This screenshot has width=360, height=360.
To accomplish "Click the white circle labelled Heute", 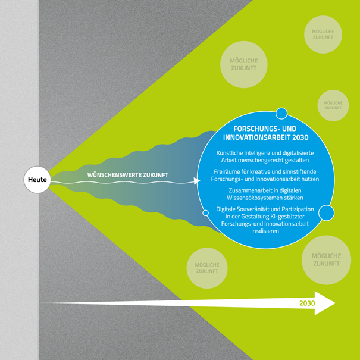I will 37,180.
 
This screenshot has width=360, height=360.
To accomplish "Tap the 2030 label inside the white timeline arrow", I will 307,303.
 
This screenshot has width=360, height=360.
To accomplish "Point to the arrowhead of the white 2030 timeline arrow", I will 325,303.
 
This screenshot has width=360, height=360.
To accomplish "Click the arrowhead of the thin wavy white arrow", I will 199,180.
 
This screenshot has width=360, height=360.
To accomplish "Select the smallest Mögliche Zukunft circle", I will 333,105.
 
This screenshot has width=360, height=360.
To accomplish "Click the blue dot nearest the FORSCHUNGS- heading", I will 281,113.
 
